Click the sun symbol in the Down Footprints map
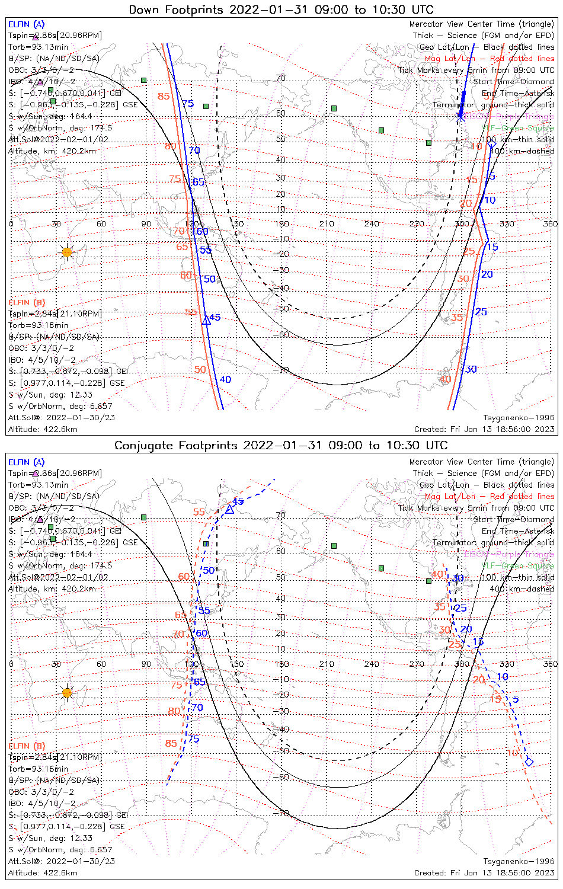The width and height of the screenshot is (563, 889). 67,252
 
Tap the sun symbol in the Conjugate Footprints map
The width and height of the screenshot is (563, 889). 67,692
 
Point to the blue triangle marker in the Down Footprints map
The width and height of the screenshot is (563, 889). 206,321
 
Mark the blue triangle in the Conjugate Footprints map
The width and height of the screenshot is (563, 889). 229,509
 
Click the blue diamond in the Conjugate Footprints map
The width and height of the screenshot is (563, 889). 529,762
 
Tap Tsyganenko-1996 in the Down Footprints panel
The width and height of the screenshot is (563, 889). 519,418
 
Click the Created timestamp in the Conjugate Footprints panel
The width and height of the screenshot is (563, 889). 484,872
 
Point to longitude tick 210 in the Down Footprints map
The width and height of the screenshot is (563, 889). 327,223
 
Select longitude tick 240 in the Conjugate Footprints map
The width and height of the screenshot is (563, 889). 372,664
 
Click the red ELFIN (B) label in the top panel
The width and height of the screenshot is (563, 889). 27,302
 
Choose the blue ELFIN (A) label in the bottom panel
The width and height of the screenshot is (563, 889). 27,462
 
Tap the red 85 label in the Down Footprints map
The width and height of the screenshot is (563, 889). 164,97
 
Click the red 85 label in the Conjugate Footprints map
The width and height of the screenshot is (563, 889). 171,743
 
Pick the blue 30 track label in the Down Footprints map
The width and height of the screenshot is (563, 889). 471,369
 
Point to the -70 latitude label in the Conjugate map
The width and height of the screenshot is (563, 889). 283,813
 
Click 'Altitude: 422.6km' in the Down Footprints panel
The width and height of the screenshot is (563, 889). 43,429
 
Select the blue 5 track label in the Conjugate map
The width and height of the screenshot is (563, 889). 516,699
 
